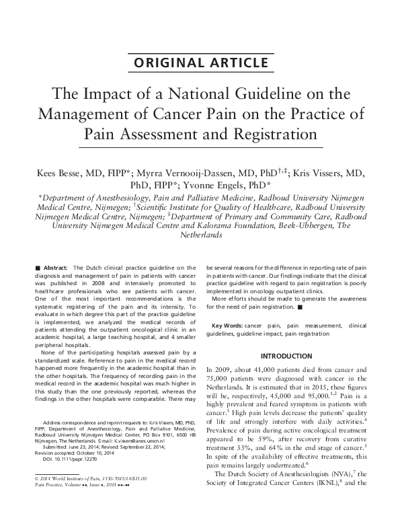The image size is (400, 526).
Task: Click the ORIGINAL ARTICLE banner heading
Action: (x=200, y=65)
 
